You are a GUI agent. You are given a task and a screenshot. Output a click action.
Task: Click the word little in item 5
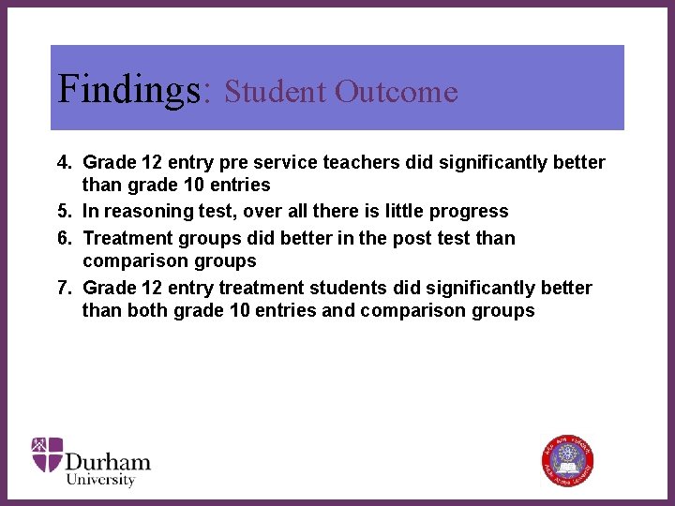point(406,212)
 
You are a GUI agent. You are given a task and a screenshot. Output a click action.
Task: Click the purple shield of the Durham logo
point(47,455)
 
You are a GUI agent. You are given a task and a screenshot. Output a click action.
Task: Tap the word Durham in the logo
point(108,461)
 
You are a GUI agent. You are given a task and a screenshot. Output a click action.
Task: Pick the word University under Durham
point(100,480)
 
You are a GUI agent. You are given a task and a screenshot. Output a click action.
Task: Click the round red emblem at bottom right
point(567,460)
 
